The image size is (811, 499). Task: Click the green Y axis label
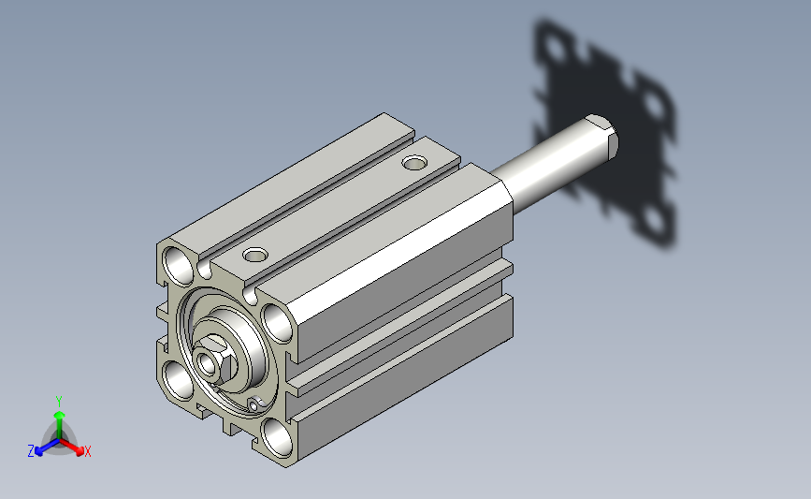click(59, 402)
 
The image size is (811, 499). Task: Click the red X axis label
click(87, 451)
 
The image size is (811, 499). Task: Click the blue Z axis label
click(31, 451)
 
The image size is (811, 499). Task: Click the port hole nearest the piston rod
click(414, 163)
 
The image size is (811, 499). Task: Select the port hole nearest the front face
click(255, 255)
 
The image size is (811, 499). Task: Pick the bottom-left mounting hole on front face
click(179, 380)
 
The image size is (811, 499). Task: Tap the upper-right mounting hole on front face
click(277, 323)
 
